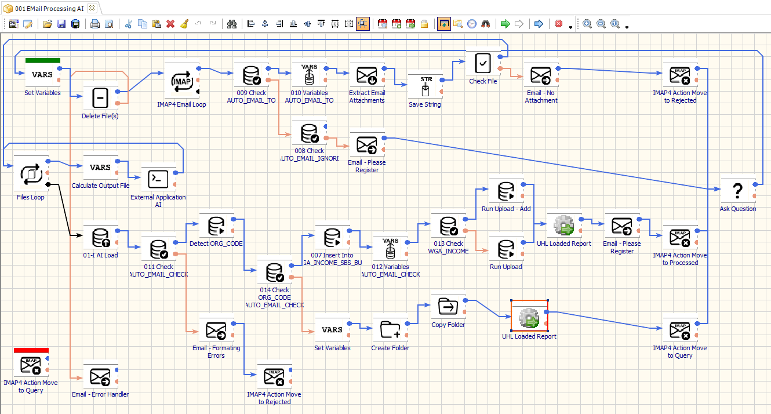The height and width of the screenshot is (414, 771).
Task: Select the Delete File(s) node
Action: [100, 98]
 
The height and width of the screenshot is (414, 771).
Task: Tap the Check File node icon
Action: [483, 62]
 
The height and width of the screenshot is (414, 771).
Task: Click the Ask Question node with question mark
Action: [737, 191]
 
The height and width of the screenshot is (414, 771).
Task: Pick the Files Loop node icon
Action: [31, 173]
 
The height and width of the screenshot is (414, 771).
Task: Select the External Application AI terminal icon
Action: [158, 179]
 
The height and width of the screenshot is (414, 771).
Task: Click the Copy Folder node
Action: [448, 306]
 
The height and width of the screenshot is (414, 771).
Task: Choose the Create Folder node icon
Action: [390, 330]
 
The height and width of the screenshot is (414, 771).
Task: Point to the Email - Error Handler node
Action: [100, 376]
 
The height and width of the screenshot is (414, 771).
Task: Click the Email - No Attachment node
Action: [541, 75]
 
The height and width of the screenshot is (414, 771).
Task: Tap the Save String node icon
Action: [425, 86]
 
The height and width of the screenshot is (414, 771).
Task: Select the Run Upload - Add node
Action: [506, 191]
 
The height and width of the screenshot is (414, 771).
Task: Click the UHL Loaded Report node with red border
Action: [529, 317]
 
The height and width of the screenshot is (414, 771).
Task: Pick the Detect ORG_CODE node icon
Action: [216, 226]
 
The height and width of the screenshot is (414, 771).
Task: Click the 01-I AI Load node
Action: [100, 237]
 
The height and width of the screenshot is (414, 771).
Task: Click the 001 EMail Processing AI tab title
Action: [49, 8]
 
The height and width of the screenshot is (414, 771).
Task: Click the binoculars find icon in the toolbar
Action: [232, 24]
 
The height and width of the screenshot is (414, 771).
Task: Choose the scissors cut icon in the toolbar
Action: [129, 24]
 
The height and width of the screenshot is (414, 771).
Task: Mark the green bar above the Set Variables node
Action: [42, 60]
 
